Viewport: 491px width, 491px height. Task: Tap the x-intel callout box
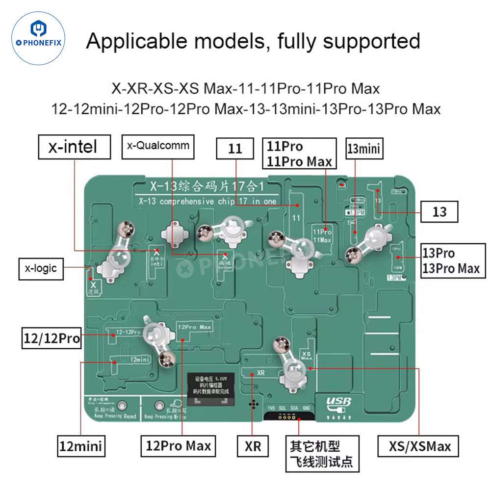coord(74,147)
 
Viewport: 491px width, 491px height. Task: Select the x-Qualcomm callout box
coord(157,146)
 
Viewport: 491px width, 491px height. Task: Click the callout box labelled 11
coord(235,148)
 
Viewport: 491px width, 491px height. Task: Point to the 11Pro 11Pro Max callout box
coord(300,154)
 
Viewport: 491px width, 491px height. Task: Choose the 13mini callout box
coord(364,149)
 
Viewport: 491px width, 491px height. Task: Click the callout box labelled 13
coord(439,212)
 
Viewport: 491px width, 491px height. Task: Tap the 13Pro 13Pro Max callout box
coord(450,260)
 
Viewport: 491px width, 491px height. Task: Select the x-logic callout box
coord(41,268)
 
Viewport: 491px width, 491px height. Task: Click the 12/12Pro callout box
coord(52,338)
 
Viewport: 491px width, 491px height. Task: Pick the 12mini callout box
coord(80,446)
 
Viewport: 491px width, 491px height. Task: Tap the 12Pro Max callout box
coord(178,446)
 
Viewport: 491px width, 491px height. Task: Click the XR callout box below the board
coord(253,446)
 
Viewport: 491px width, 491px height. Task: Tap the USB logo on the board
coord(339,404)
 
